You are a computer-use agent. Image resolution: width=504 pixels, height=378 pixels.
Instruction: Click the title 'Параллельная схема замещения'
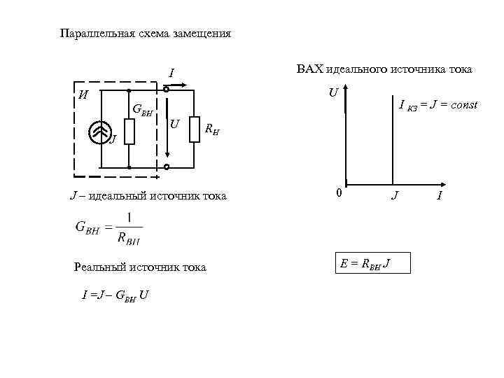coord(145,34)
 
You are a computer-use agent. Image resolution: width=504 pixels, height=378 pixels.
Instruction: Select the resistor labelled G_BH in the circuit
coord(129,131)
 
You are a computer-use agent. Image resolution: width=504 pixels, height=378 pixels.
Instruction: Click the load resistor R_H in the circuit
coord(195,129)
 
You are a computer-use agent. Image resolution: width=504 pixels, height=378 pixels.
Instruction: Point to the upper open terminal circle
coord(167,90)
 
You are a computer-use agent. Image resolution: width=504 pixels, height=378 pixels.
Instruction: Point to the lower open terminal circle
coord(167,167)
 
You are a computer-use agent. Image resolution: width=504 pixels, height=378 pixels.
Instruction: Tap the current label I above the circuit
coord(171,73)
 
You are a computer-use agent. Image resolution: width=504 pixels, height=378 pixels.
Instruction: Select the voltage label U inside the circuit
coord(174,125)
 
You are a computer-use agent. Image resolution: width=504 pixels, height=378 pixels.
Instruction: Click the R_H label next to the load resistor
coord(211,129)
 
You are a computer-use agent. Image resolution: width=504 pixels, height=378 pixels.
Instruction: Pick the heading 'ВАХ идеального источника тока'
coord(384,69)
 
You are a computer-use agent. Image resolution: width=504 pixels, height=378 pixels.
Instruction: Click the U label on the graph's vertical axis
coord(334,92)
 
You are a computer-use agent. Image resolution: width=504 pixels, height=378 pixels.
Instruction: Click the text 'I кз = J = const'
coord(437,105)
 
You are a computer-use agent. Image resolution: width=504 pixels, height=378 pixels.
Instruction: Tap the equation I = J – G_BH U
coord(115,295)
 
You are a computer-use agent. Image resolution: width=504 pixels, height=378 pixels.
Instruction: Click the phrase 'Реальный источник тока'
coord(140,267)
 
